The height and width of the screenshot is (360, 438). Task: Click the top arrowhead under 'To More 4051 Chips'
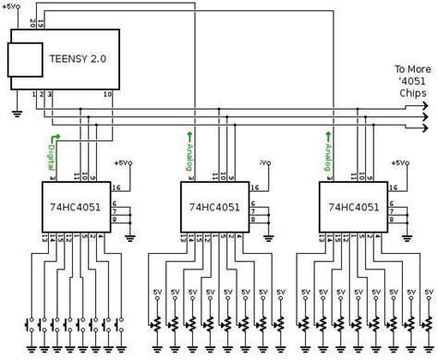424,105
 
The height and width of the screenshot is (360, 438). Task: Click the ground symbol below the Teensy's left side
17,114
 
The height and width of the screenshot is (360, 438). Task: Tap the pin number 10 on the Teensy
108,94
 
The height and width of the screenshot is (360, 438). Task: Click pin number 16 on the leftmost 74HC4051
115,186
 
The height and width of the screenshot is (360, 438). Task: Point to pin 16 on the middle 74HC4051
254,186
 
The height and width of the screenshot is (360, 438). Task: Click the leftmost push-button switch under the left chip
30,325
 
